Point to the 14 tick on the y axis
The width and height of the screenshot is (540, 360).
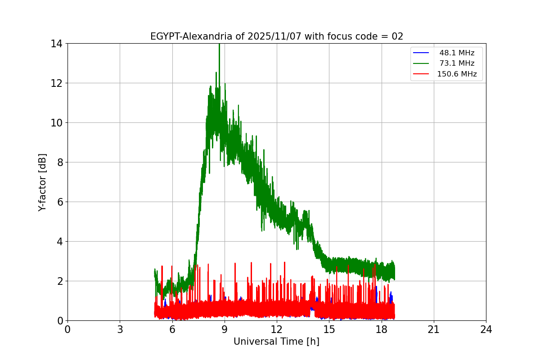56,44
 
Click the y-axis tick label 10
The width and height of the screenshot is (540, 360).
56,123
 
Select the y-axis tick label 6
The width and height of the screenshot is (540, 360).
59,202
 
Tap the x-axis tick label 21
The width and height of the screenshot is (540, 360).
434,330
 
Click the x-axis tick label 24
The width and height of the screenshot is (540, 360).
486,330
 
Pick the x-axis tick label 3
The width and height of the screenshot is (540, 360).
120,330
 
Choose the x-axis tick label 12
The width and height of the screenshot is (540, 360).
277,330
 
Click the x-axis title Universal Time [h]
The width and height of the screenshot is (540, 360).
276,342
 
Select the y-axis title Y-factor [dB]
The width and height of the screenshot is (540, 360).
43,182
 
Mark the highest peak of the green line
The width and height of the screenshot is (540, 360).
219,44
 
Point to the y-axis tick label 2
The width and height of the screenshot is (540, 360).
59,281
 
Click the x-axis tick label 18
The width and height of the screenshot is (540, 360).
382,330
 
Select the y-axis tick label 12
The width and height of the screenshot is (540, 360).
56,83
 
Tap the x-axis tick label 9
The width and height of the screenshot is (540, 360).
225,330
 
